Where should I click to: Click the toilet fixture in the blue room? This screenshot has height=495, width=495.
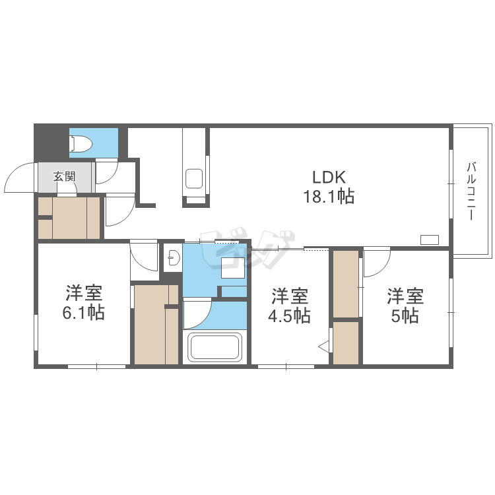click(x=81, y=143)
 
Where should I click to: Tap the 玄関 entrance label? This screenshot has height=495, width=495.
click(x=64, y=176)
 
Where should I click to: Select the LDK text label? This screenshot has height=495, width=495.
click(x=329, y=177)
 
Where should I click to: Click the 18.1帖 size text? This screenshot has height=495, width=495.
click(x=329, y=196)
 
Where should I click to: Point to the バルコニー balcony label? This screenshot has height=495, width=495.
click(x=471, y=191)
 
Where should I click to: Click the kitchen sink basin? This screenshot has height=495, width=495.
click(x=194, y=179)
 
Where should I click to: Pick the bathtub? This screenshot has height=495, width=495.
click(x=214, y=347)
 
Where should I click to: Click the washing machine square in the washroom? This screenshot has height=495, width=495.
click(x=233, y=268)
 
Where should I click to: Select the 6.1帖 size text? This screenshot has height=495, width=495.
click(x=84, y=313)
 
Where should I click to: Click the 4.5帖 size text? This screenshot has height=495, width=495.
click(x=289, y=315)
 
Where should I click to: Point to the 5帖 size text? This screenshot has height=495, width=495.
click(x=405, y=315)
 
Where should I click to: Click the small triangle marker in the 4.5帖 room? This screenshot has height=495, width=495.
click(x=324, y=347)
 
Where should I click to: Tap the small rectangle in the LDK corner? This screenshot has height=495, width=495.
click(x=430, y=240)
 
